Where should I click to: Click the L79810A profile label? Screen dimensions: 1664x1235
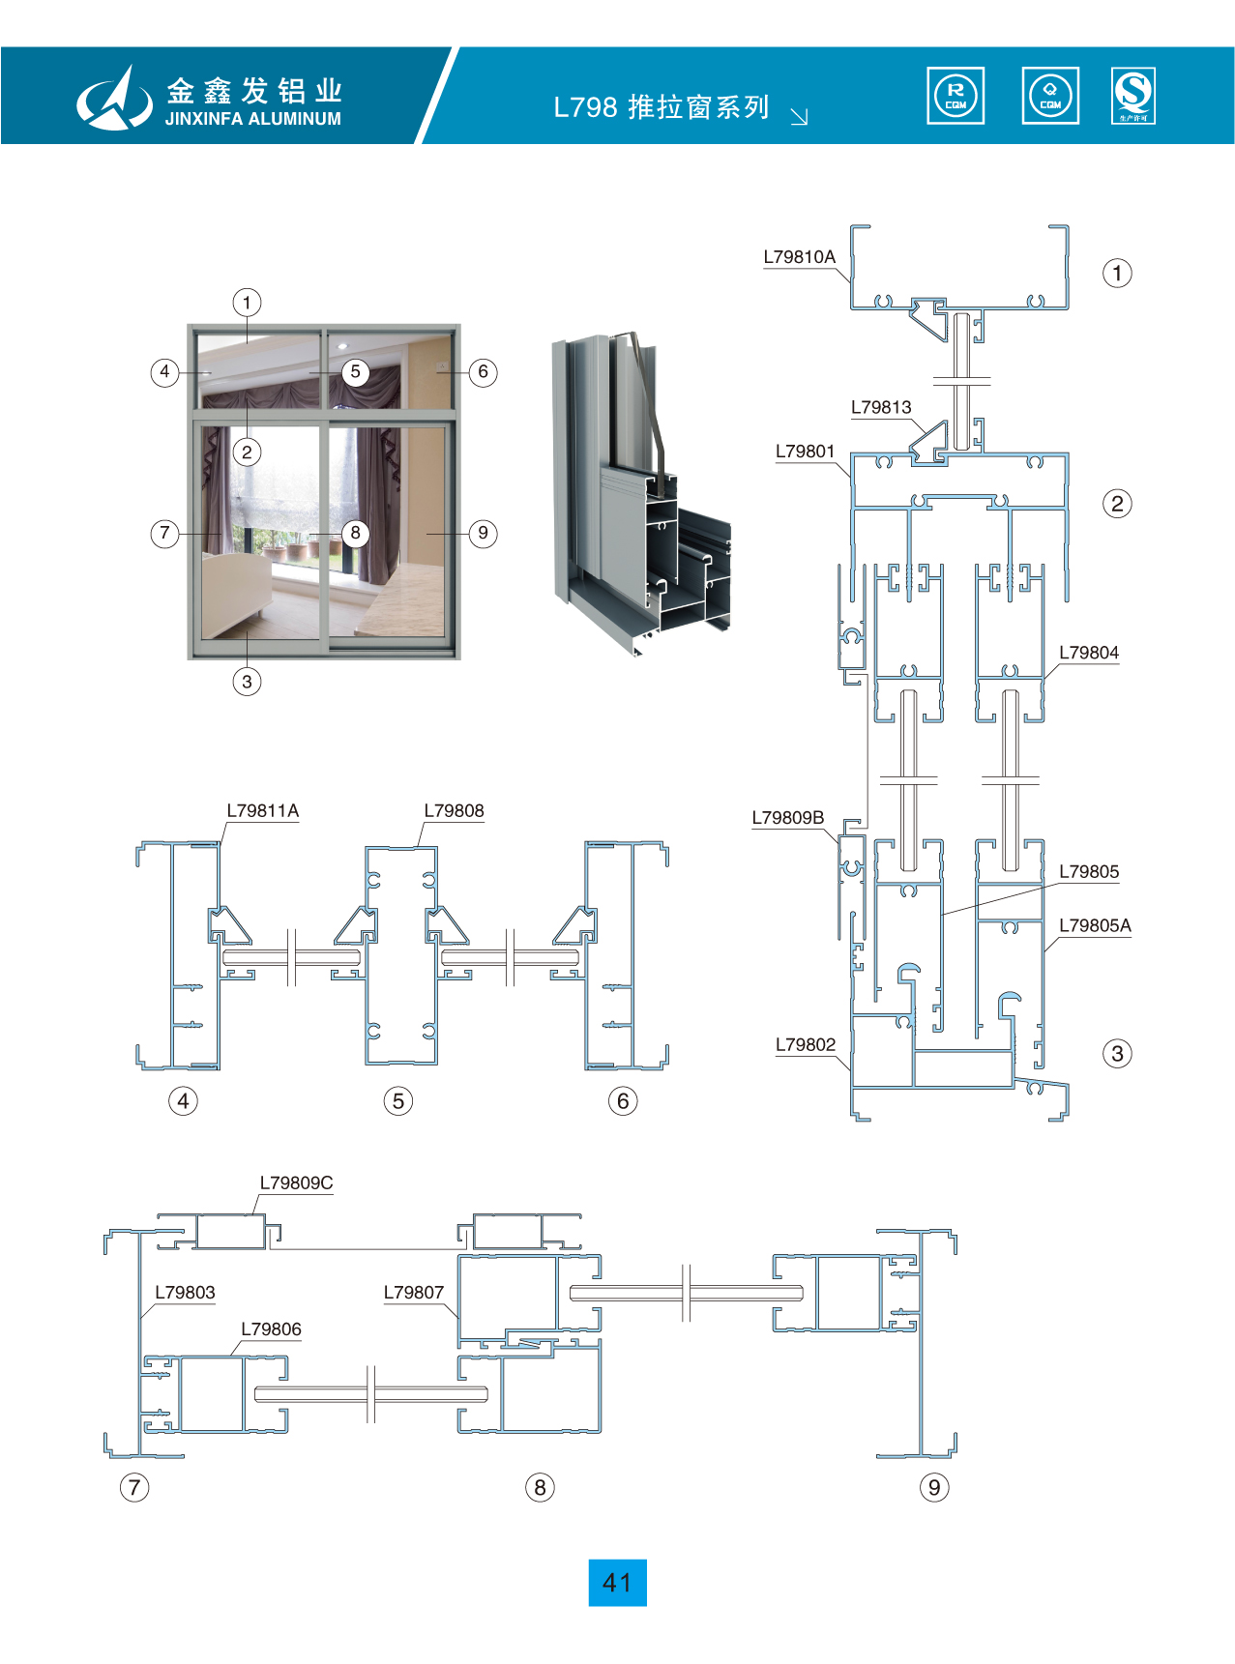[x=799, y=257]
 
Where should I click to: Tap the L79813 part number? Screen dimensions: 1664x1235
[x=881, y=408]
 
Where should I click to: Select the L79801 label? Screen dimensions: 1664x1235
[x=805, y=452]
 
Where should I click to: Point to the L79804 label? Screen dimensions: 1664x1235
[x=1088, y=653]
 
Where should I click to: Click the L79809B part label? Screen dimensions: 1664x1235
[x=788, y=818]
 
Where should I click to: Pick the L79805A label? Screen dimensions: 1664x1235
[x=1095, y=926]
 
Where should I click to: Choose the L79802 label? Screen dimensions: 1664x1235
[x=805, y=1045]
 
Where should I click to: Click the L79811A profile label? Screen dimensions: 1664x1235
[x=263, y=811]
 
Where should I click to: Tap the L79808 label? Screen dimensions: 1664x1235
[x=454, y=811]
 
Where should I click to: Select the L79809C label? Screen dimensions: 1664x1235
[x=296, y=1183]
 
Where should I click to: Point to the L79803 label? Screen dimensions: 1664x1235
[x=185, y=1293]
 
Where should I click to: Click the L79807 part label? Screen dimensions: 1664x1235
[x=413, y=1293]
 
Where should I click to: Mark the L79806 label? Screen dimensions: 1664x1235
[x=271, y=1329]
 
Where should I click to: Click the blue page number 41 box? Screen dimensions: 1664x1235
[x=617, y=1583]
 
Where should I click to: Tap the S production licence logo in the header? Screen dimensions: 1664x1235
[x=1133, y=96]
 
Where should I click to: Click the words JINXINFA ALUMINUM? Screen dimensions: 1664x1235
[x=252, y=119]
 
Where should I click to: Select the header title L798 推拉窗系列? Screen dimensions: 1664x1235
[x=662, y=107]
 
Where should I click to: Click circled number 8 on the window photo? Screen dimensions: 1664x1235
[x=355, y=533]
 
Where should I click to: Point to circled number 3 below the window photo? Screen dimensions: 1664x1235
[x=247, y=682]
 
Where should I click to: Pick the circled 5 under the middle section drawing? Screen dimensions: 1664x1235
[x=397, y=1101]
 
